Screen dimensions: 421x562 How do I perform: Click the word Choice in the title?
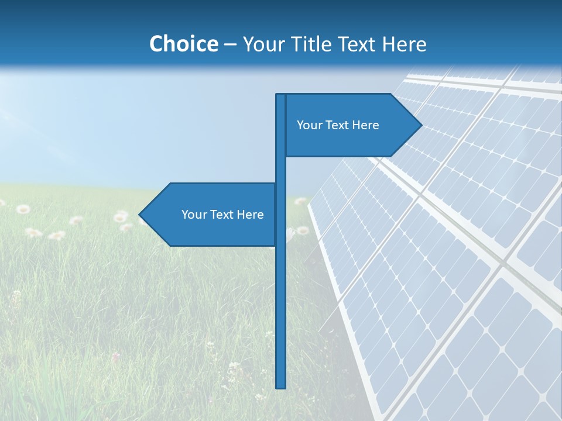pos(183,44)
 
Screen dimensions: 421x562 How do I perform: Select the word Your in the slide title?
pos(263,44)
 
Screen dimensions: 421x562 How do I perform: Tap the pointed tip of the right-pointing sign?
pos(420,125)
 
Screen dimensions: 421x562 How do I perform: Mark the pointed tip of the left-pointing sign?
pos(140,215)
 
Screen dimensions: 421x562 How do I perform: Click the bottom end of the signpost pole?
pos(280,386)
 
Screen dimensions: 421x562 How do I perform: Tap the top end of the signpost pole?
pos(280,96)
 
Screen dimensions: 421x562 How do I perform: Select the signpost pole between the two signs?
pos(280,170)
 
